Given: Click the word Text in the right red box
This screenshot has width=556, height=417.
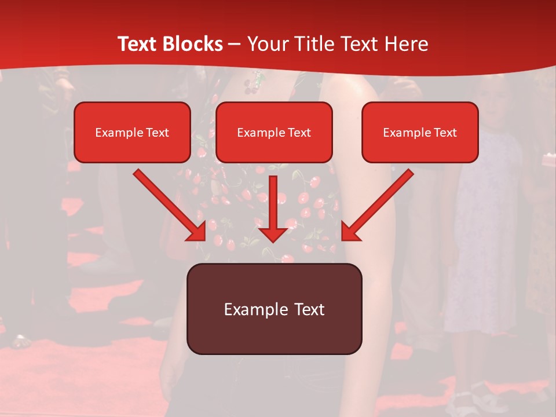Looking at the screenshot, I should tap(445, 133).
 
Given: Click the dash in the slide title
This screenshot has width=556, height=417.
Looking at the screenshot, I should tap(235, 44).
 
